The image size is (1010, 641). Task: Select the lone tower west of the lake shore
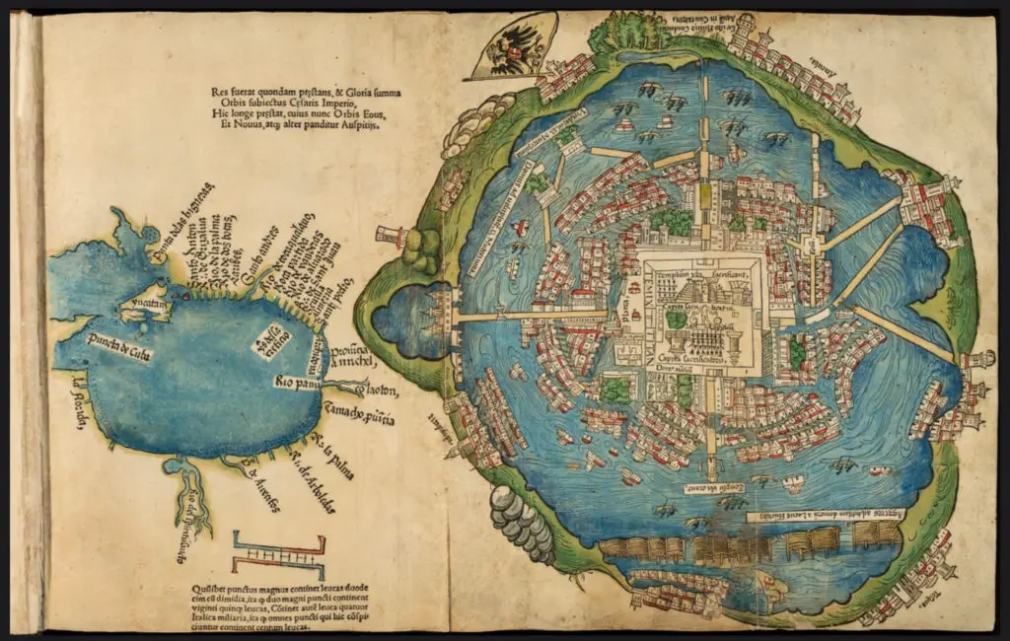pos(392,237)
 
